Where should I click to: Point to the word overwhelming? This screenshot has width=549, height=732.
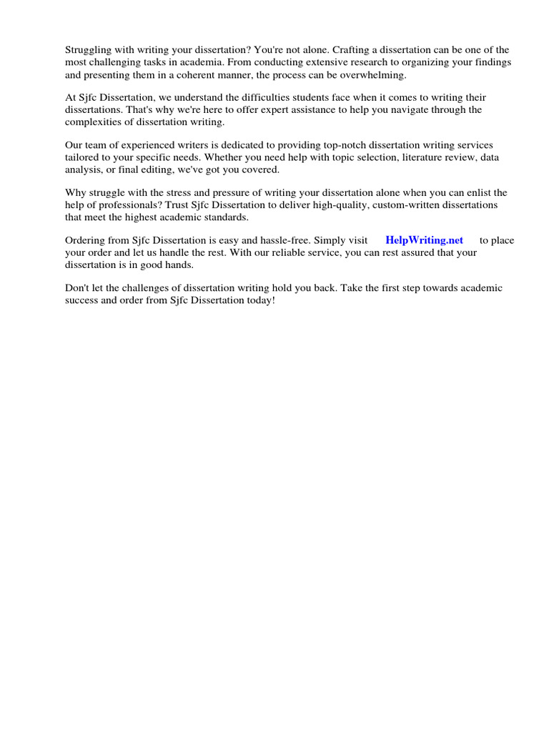click(x=374, y=74)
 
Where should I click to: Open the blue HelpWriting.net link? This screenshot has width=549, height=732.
click(x=424, y=240)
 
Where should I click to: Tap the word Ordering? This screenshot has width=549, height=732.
click(x=86, y=240)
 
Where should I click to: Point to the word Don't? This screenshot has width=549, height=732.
click(x=77, y=287)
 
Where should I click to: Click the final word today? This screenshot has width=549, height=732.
click(x=261, y=300)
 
